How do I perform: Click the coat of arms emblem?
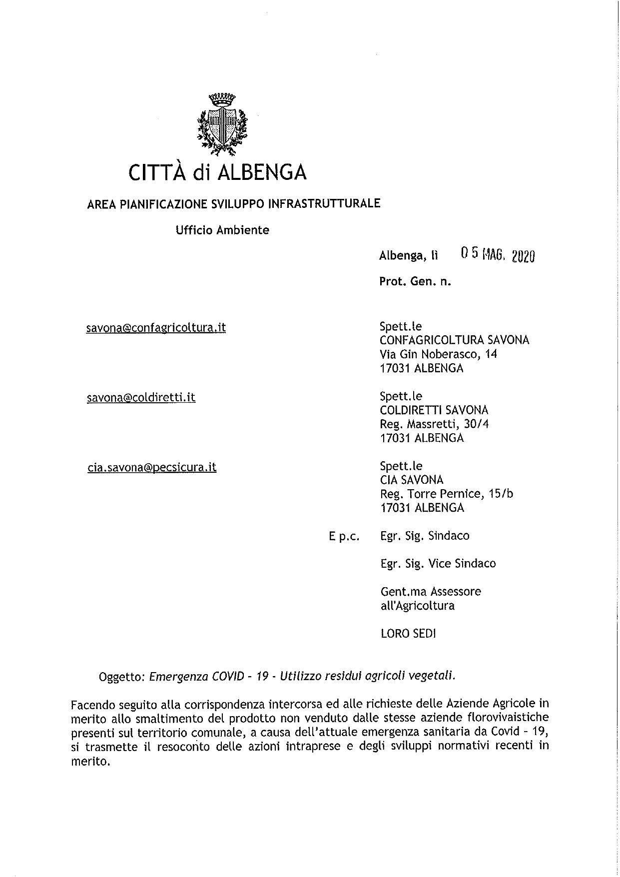[222, 121]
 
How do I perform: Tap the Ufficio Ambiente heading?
[222, 230]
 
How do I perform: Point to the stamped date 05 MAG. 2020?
[498, 255]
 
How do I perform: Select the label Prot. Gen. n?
[415, 282]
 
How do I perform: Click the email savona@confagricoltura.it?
[156, 328]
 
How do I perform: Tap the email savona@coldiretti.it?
[141, 398]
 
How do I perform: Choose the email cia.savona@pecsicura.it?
[152, 468]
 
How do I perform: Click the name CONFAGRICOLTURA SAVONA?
[455, 340]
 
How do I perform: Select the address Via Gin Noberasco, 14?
[439, 354]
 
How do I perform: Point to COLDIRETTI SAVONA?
[434, 410]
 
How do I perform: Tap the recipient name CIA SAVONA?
[412, 480]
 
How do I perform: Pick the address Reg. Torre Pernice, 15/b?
[447, 494]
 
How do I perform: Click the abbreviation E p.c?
[344, 537]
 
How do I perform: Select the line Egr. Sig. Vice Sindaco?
[438, 564]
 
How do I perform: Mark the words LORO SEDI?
[408, 634]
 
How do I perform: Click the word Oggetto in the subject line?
[122, 677]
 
